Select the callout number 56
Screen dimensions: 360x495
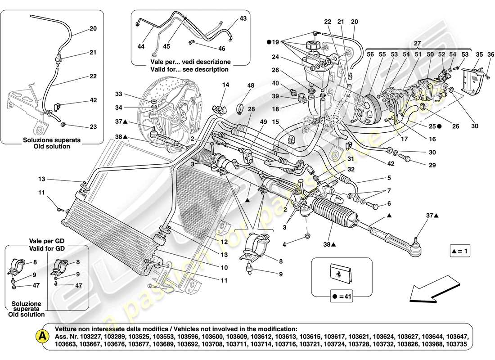point(370,54)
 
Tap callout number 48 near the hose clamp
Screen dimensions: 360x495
point(251,85)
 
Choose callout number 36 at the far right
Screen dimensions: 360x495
point(479,54)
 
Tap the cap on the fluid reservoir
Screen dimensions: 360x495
point(312,46)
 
